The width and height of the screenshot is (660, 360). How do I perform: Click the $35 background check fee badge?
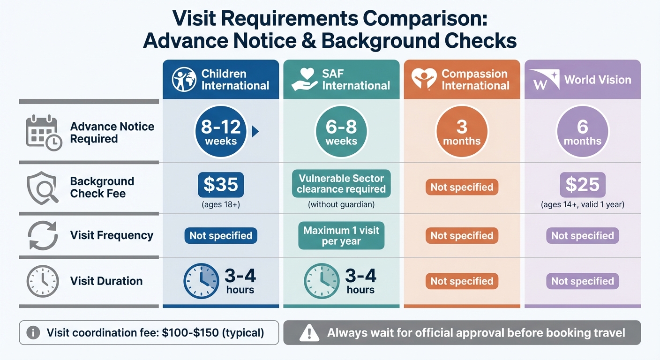[x=221, y=185]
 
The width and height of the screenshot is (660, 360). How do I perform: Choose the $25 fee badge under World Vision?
[x=582, y=185]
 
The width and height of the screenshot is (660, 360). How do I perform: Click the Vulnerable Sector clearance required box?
[x=341, y=184]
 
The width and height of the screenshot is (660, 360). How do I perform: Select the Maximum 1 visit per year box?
[x=341, y=236]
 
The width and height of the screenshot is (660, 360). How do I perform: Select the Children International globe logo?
[x=184, y=80]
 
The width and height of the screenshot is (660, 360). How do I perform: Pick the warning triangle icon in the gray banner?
[x=309, y=333]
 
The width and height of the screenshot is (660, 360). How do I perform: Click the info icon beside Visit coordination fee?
[x=33, y=333]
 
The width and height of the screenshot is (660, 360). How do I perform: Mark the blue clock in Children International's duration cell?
[x=201, y=281]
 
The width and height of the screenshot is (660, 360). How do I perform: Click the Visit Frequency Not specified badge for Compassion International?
[x=462, y=236]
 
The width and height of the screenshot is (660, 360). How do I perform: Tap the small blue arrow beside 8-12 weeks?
[x=255, y=132]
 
